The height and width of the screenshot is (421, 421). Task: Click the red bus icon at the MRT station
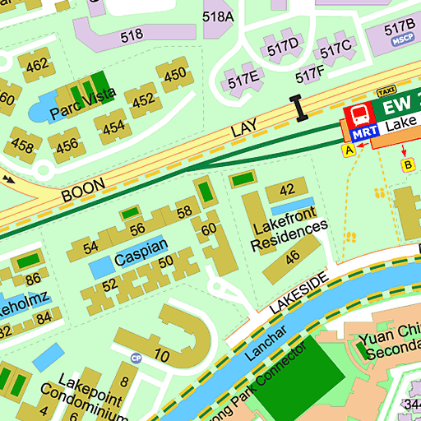point(357,113)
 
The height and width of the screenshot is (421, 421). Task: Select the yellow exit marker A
point(349,150)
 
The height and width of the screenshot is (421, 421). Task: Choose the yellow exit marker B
point(405,165)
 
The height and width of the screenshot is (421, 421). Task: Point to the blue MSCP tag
point(402,39)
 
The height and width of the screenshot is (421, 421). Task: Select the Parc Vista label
point(82,104)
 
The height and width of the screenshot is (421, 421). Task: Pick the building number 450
point(174,76)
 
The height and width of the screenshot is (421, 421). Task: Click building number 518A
point(218,16)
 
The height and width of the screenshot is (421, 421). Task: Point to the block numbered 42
point(286,190)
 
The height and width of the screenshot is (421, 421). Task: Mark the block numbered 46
point(292,257)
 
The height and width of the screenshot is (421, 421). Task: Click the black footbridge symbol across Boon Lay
point(297,107)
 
